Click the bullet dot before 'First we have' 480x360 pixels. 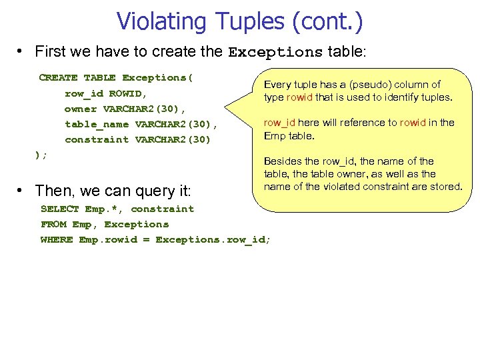[x=22, y=52]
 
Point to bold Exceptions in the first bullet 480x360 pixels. [x=275, y=52]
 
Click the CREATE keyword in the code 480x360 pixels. [x=58, y=77]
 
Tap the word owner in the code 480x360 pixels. [x=80, y=109]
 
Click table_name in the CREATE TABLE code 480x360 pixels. [x=96, y=124]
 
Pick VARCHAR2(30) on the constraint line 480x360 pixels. [x=173, y=139]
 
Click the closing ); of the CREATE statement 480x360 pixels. [x=41, y=155]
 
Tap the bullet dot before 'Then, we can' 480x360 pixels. [x=22, y=191]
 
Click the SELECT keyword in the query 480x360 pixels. [x=59, y=209]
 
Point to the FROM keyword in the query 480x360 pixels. [x=53, y=224]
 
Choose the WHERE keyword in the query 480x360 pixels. [x=57, y=239]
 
